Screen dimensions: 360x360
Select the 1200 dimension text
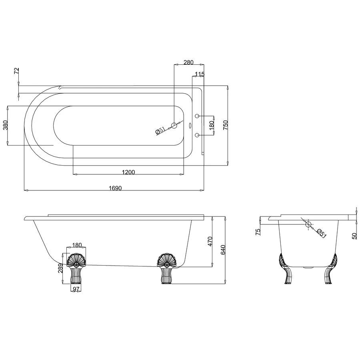click(128, 172)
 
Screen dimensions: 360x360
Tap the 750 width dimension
click(225, 125)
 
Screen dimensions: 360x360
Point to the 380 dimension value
click(5, 126)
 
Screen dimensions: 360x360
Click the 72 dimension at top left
click(16, 71)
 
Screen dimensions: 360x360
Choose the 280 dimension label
click(188, 62)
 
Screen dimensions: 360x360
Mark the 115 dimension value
click(199, 74)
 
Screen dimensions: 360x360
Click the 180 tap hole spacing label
click(212, 125)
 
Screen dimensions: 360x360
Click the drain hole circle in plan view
click(174, 126)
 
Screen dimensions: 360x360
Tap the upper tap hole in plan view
click(197, 116)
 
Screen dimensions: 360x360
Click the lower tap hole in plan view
click(197, 135)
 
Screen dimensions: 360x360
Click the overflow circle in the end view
click(308, 224)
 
